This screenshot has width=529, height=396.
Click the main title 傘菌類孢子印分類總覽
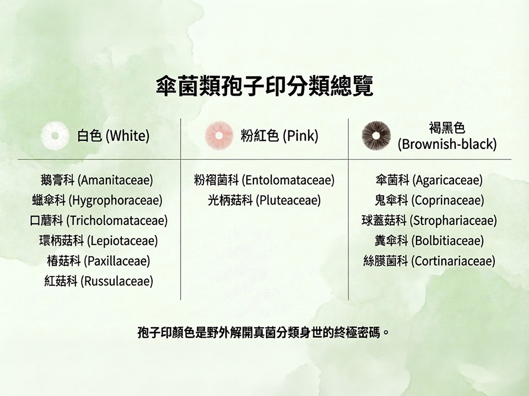[x=264, y=86]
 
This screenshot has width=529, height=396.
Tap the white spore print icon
[x=55, y=135]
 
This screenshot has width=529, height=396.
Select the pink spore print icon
[x=219, y=135]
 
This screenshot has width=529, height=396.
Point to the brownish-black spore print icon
[x=376, y=135]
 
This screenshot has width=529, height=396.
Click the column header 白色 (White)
[x=114, y=136]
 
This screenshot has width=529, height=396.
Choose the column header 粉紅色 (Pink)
[x=279, y=136]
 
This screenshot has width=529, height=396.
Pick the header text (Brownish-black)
[x=447, y=144]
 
